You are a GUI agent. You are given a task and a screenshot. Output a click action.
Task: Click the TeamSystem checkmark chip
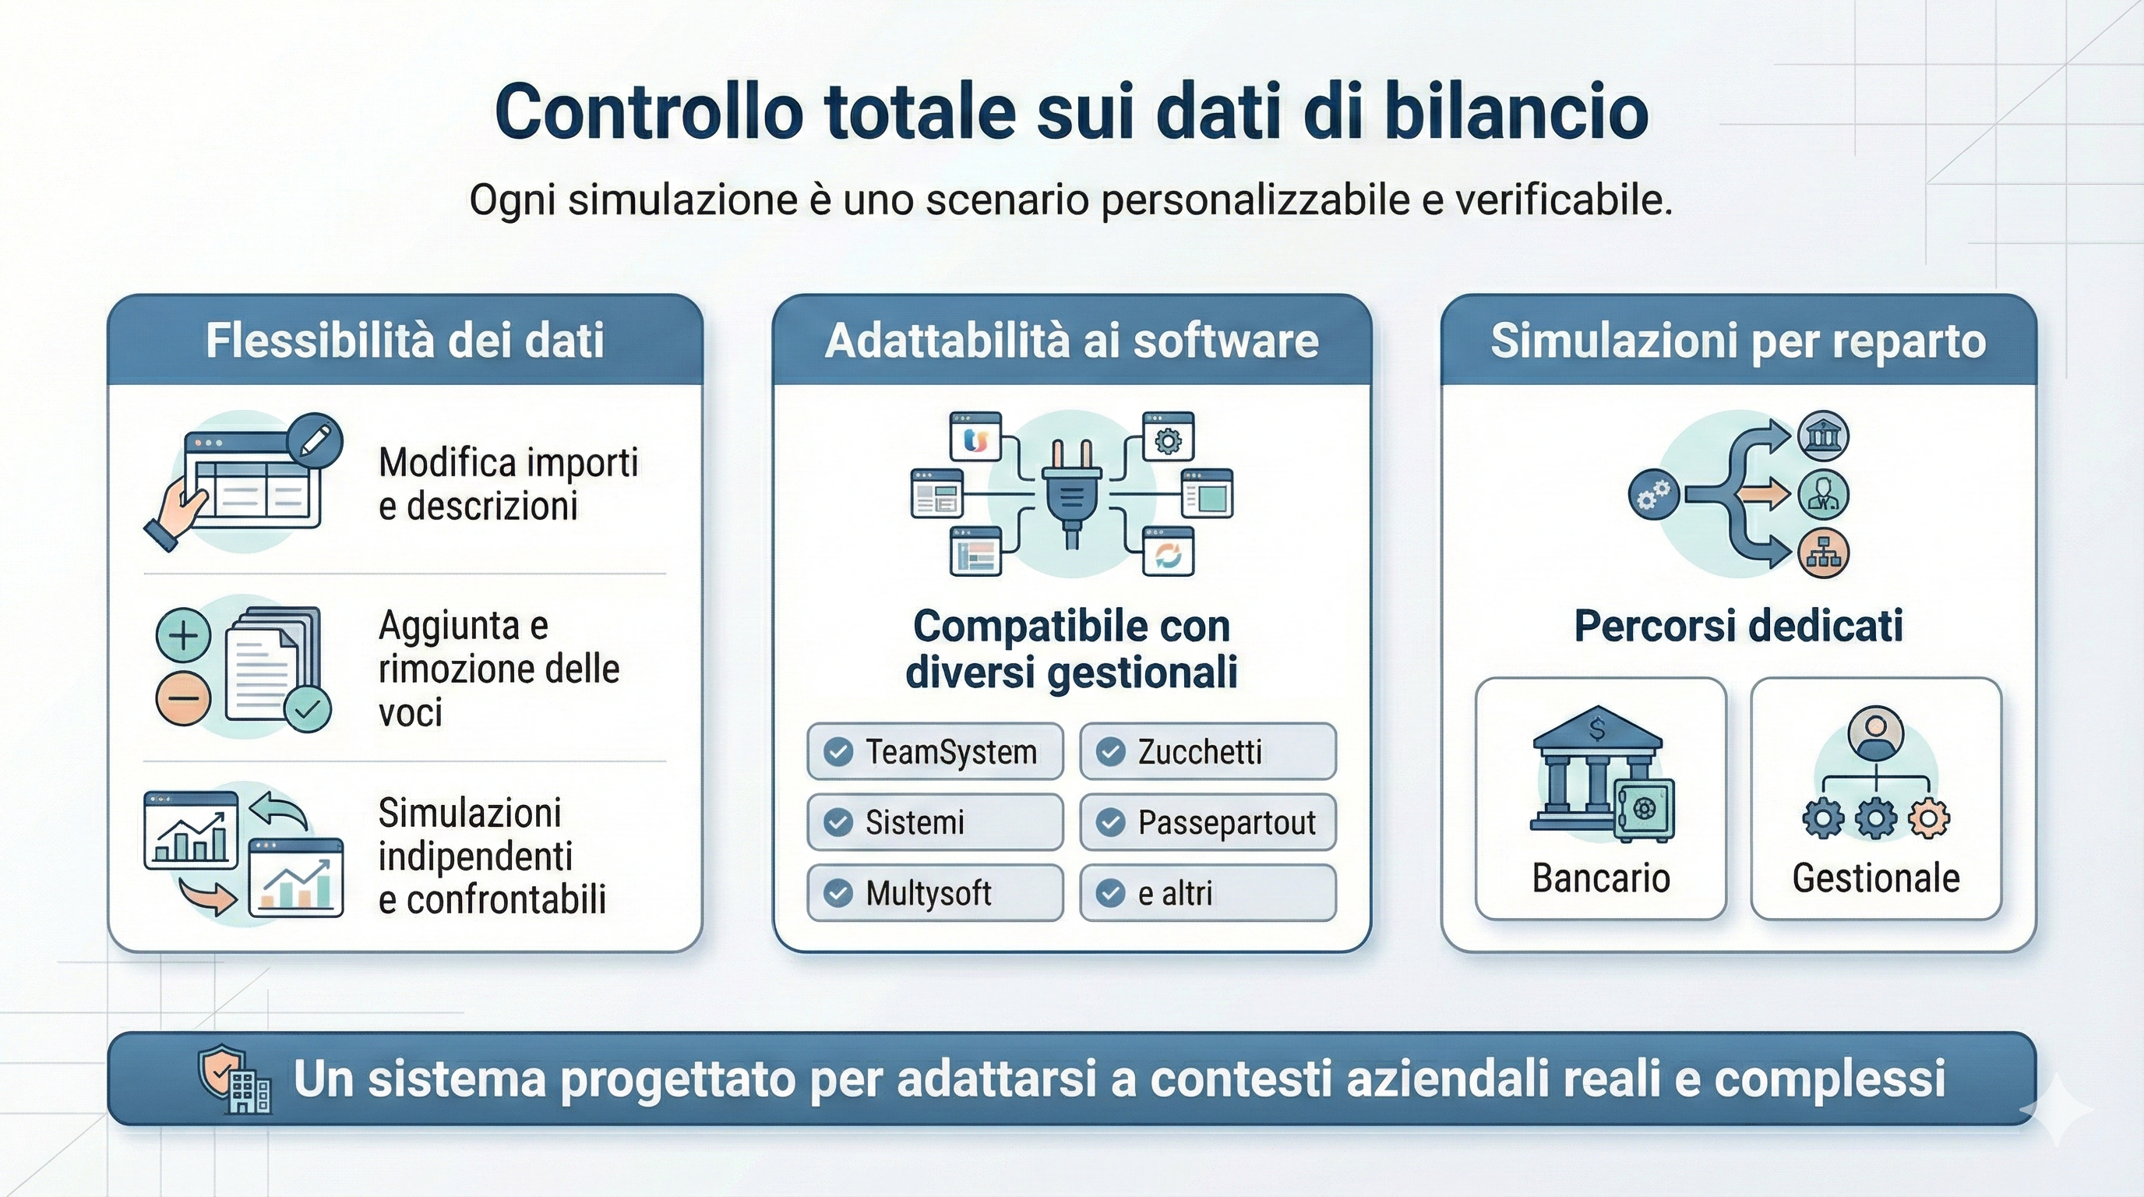tap(935, 752)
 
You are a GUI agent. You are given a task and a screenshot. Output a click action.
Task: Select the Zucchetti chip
tap(1208, 752)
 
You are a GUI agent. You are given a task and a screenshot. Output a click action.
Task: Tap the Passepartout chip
tap(1208, 822)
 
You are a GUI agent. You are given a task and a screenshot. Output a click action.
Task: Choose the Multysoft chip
tap(935, 893)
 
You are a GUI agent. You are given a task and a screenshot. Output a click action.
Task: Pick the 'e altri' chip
tap(1208, 893)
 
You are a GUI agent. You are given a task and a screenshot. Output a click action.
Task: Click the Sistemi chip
tap(935, 822)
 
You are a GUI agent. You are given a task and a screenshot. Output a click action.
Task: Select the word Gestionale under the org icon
tap(1875, 878)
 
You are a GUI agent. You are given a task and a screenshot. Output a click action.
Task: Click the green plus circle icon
tap(183, 636)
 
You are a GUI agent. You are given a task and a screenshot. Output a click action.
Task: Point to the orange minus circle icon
tap(183, 697)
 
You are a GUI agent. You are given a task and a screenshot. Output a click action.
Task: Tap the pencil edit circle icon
tap(314, 440)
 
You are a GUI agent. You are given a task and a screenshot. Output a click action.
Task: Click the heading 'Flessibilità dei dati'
tap(404, 341)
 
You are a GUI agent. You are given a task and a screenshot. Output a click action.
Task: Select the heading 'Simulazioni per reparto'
tap(1738, 341)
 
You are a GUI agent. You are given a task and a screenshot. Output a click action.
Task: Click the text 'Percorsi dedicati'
tap(1738, 626)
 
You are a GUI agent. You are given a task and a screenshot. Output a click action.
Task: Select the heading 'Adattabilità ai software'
tap(1071, 341)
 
